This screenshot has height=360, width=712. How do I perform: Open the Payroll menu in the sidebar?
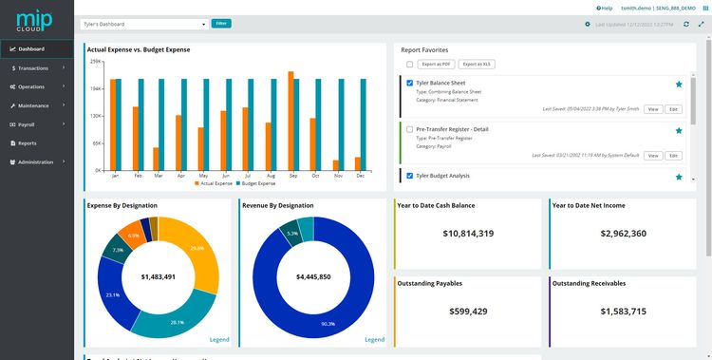click(x=27, y=124)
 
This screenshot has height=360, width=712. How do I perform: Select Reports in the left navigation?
click(x=27, y=143)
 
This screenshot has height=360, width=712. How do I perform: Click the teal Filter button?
click(x=221, y=23)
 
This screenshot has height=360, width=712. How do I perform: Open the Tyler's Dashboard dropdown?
click(x=143, y=24)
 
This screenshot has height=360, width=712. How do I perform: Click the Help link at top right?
click(x=605, y=8)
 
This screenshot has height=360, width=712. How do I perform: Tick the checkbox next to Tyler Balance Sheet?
click(x=409, y=84)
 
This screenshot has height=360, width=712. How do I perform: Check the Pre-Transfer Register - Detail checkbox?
click(x=409, y=128)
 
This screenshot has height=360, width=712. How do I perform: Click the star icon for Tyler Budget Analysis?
click(x=679, y=177)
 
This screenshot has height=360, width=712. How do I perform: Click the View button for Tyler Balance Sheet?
click(x=653, y=109)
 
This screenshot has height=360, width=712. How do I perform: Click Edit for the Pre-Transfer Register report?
click(x=674, y=155)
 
